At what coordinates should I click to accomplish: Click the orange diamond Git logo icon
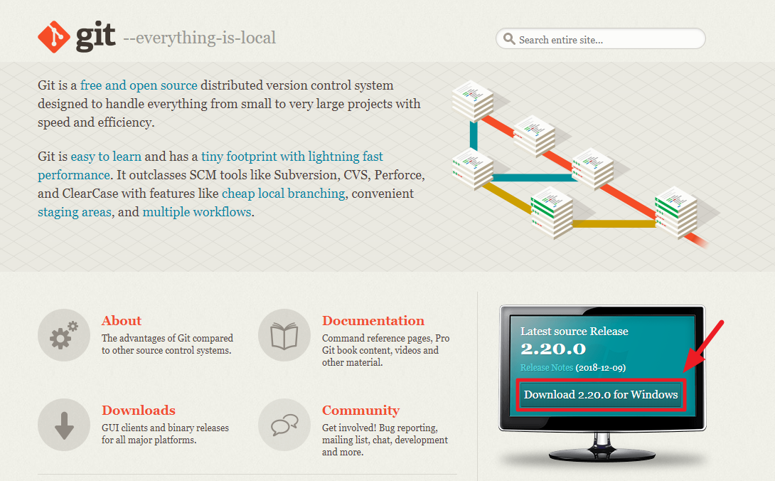[55, 37]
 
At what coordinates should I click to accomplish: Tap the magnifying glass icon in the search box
[509, 39]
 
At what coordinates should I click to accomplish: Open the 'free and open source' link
[139, 85]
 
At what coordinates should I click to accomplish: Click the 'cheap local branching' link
[283, 194]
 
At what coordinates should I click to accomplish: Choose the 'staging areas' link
[74, 212]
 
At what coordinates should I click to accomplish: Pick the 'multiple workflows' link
[196, 212]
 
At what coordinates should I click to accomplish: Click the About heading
[122, 321]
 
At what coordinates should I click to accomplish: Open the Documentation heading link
[373, 321]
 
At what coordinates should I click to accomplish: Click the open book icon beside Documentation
[284, 335]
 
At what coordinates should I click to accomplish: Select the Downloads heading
[138, 411]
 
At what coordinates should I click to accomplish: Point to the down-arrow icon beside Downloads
[65, 425]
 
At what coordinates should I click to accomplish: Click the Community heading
[360, 411]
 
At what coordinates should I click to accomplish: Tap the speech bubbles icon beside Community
[284, 425]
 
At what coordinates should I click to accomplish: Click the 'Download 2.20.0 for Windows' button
[601, 395]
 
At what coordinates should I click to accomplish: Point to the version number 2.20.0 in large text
[553, 349]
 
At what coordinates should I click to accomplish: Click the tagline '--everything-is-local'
[199, 38]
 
